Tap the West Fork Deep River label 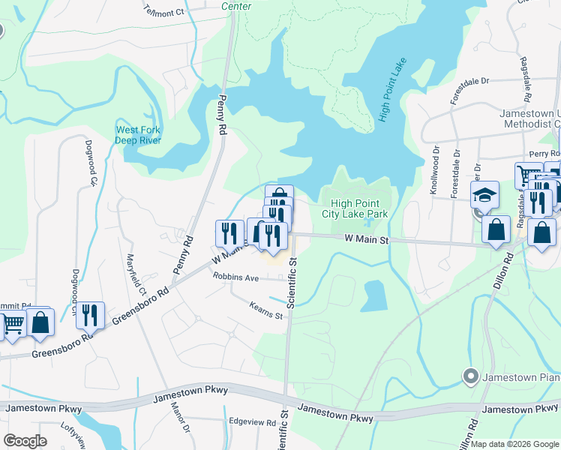point(138,135)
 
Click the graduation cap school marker point(484,196)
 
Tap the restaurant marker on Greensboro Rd point(90,315)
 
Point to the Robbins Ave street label point(235,277)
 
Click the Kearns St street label point(265,310)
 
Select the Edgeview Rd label point(252,422)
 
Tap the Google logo point(25,441)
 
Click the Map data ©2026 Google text point(514,444)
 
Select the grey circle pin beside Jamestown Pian point(470,376)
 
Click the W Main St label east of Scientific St point(367,239)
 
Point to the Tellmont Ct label point(164,13)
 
